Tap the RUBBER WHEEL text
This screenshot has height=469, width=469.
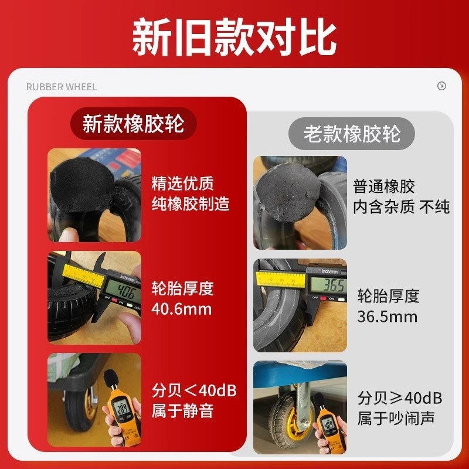pos(62,87)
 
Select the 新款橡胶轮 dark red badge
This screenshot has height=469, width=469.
pos(133,124)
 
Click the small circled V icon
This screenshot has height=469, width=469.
pos(442,86)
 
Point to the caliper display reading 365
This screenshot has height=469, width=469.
pos(327,286)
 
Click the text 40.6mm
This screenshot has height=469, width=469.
pos(182,308)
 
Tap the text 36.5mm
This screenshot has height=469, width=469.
pos(388,317)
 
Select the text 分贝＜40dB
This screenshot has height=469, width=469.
pos(194,390)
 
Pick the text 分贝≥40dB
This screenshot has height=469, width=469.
pos(400,399)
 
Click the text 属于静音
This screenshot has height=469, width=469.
pos(182,410)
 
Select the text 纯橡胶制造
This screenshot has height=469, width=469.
pos(191,204)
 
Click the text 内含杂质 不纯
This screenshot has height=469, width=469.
pos(402,207)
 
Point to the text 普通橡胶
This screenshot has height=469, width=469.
pos(384,187)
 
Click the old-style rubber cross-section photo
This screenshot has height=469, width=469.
pos(300,203)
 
